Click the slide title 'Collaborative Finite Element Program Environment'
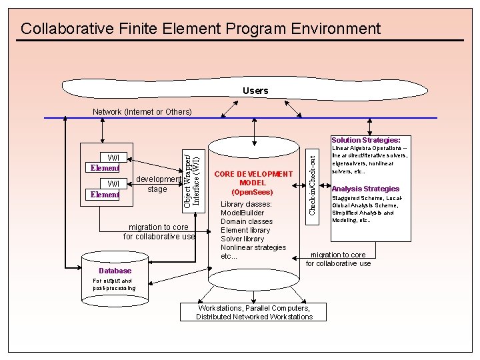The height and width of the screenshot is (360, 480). pyautogui.click(x=201, y=29)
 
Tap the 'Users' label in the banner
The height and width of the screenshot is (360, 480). pyautogui.click(x=255, y=91)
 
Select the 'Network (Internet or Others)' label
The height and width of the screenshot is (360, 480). pyautogui.click(x=142, y=111)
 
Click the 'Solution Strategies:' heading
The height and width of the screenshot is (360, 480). pyautogui.click(x=366, y=141)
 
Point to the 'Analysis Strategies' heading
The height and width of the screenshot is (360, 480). pyautogui.click(x=365, y=189)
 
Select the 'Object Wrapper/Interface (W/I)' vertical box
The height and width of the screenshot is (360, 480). pyautogui.click(x=191, y=177)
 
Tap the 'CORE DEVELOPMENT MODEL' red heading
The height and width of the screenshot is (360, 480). pyautogui.click(x=253, y=178)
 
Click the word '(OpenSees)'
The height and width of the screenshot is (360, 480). pyautogui.click(x=253, y=192)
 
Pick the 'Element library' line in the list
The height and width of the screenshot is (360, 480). pyautogui.click(x=245, y=230)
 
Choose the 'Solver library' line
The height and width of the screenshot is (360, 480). pyautogui.click(x=242, y=239)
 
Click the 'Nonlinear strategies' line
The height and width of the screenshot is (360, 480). pyautogui.click(x=253, y=247)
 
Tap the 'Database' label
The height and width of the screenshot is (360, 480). pyautogui.click(x=115, y=271)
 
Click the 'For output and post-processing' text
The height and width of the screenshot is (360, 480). pyautogui.click(x=114, y=285)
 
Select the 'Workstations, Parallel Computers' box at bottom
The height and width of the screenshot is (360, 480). pyautogui.click(x=254, y=312)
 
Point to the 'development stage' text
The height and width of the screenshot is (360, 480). pyautogui.click(x=158, y=184)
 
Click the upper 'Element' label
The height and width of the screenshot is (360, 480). pyautogui.click(x=105, y=168)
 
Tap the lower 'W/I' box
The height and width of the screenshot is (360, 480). pyautogui.click(x=113, y=183)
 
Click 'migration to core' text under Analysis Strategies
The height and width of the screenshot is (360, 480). pyautogui.click(x=338, y=255)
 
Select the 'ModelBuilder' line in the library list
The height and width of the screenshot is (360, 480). pyautogui.click(x=243, y=213)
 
